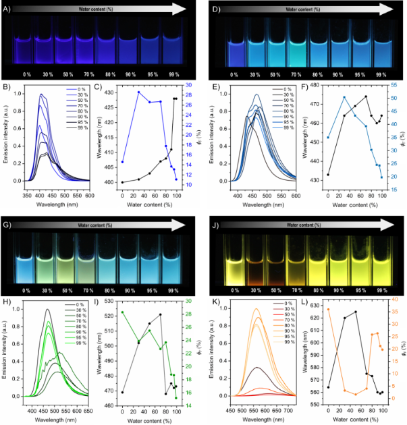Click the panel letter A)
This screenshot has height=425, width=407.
5,9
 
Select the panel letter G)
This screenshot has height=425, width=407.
5,221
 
